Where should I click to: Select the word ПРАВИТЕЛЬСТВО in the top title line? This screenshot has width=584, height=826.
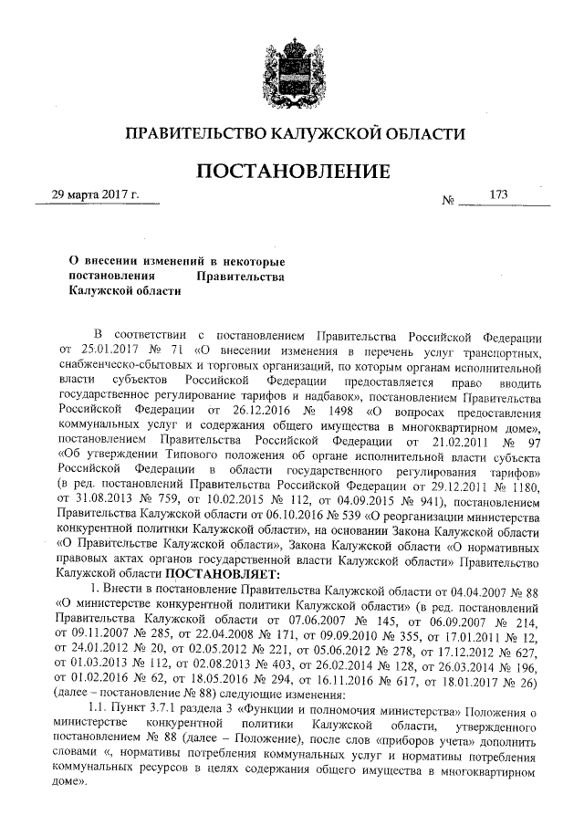[195, 133]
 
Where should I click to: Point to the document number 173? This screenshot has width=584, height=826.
[499, 194]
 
